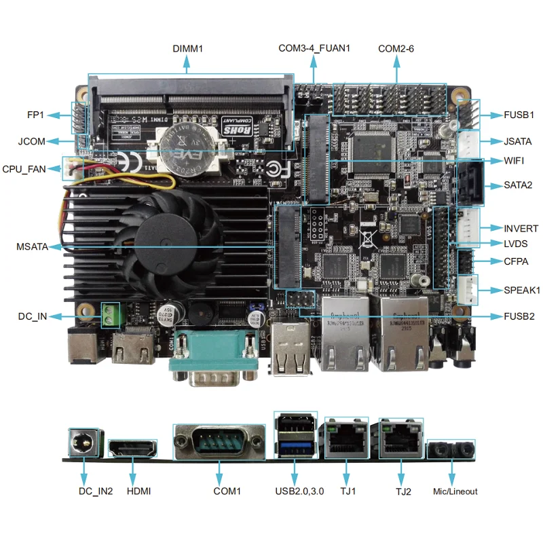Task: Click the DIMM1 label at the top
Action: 188,48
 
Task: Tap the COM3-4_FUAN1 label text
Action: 314,48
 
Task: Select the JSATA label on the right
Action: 518,142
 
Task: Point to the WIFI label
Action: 514,161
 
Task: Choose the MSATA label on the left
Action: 32,246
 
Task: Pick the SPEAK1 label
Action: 521,290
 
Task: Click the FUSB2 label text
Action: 519,316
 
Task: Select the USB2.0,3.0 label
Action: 295,491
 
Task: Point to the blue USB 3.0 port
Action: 295,448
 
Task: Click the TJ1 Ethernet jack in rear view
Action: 346,441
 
